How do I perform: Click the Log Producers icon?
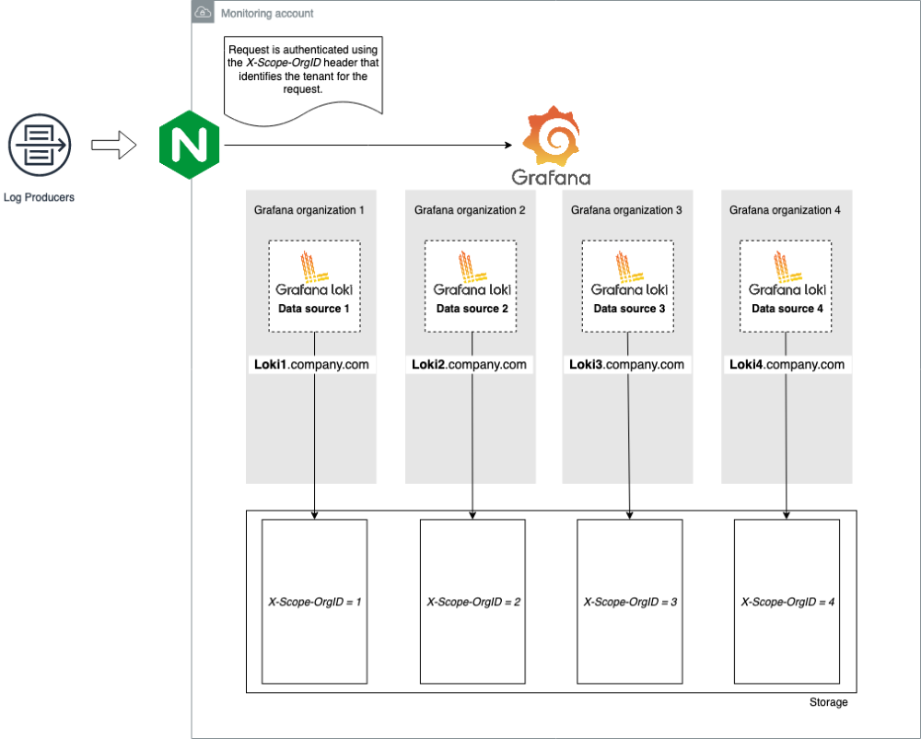(39, 145)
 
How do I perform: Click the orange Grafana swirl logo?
(551, 135)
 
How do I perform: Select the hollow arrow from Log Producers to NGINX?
(113, 145)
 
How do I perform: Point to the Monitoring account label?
(267, 14)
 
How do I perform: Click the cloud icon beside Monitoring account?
(203, 13)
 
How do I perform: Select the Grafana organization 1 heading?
(309, 210)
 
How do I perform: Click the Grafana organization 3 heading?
(626, 210)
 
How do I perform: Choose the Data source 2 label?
(472, 309)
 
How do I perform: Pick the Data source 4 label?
(787, 309)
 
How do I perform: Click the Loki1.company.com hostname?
(311, 365)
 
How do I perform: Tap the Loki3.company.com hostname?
(626, 365)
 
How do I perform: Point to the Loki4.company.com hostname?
(787, 365)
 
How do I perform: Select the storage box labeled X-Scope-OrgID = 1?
(314, 601)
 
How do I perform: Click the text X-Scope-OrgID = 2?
(473, 602)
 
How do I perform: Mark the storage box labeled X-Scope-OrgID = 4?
(787, 601)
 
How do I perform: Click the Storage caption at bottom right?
(828, 702)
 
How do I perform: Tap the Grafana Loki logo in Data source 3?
(628, 273)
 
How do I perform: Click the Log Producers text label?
(39, 197)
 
